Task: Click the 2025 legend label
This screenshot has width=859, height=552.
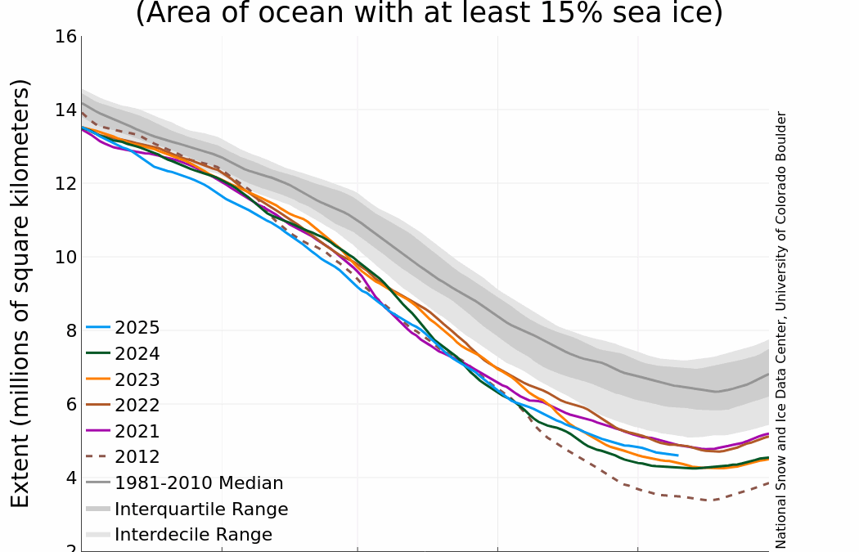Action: point(137,329)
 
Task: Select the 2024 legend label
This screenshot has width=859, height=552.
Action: point(137,354)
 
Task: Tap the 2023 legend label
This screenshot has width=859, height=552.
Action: point(137,380)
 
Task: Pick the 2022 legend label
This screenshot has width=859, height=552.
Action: point(137,406)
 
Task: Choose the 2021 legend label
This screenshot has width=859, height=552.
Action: point(137,432)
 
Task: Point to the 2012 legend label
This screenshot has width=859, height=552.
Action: point(137,457)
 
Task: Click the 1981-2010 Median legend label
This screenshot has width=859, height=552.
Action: point(199,483)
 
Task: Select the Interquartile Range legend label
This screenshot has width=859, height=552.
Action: point(201,509)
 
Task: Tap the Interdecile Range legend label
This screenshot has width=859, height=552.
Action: point(193,535)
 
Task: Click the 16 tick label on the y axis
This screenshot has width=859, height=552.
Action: point(66,37)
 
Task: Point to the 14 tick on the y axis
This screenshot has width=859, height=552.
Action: point(66,110)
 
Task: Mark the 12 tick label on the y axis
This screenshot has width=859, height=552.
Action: point(66,184)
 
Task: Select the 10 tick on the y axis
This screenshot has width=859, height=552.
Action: point(66,258)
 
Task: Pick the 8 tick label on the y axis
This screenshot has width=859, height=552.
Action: point(71,331)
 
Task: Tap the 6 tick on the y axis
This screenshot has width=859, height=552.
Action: point(71,405)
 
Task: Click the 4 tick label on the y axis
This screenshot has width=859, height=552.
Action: point(71,478)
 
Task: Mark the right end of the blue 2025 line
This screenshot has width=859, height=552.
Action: point(677,455)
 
